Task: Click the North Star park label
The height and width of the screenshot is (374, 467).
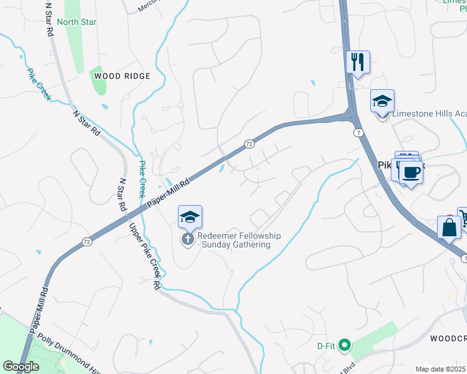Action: (x=76, y=22)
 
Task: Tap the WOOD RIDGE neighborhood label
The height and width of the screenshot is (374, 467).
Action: (x=122, y=76)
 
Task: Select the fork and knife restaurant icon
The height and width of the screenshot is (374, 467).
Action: (x=358, y=62)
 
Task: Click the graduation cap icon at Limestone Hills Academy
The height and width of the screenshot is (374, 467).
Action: (x=382, y=101)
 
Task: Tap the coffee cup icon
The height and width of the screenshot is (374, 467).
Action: (x=410, y=171)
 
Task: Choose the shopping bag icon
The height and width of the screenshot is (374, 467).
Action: (x=449, y=228)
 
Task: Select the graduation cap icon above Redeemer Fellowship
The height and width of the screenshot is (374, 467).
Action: (x=190, y=217)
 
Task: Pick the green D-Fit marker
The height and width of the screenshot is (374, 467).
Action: (x=343, y=344)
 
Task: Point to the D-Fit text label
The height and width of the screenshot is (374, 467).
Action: (x=325, y=345)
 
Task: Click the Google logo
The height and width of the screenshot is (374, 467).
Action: (x=21, y=367)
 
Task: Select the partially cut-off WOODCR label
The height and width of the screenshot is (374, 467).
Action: (x=448, y=338)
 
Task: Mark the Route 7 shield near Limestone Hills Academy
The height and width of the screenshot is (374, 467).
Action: (x=358, y=133)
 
